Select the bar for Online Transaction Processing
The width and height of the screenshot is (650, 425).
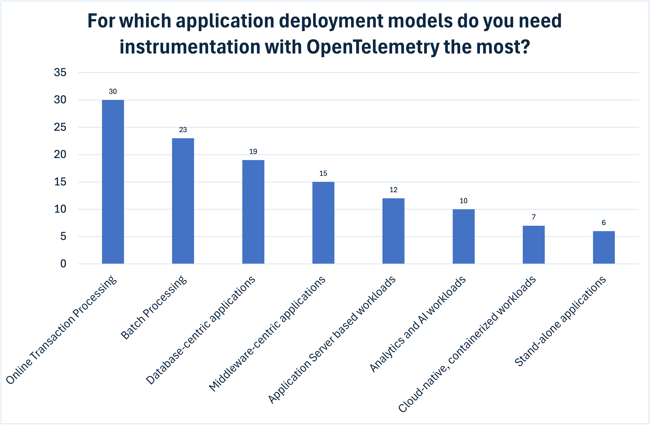[113, 182]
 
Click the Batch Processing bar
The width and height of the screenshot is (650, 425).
[183, 201]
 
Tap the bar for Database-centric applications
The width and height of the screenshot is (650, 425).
[253, 212]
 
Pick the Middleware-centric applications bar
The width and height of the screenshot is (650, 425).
[323, 223]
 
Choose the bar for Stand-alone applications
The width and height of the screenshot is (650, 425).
[604, 247]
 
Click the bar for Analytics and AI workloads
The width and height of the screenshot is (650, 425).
[463, 236]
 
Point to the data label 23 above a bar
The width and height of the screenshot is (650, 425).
[183, 130]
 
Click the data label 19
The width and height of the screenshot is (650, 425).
[253, 152]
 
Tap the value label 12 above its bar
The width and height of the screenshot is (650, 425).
[393, 190]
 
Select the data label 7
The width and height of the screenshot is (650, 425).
[534, 217]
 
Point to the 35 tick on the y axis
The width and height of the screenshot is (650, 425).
[60, 73]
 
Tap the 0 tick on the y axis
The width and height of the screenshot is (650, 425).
[63, 264]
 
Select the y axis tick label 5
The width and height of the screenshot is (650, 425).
[63, 236]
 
